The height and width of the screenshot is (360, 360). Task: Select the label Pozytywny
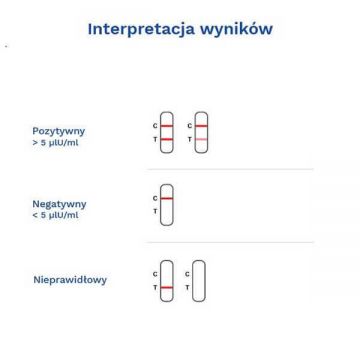pyautogui.click(x=59, y=130)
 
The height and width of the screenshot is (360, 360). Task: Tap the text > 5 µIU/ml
pyautogui.click(x=54, y=141)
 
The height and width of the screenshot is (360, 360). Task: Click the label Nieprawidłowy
pyautogui.click(x=70, y=280)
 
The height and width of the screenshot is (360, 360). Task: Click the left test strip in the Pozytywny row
pyautogui.click(x=166, y=131)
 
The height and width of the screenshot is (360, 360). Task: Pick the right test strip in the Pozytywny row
pyautogui.click(x=200, y=131)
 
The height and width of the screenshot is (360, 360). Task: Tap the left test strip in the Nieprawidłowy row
pyautogui.click(x=166, y=280)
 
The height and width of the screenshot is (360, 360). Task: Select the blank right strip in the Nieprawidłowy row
pyautogui.click(x=199, y=280)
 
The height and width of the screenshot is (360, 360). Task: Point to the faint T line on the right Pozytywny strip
pyautogui.click(x=200, y=139)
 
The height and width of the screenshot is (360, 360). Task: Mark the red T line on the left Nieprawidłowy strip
pyautogui.click(x=166, y=287)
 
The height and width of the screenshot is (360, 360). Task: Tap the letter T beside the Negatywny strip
pyautogui.click(x=154, y=211)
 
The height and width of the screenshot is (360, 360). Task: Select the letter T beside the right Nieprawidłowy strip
pyautogui.click(x=187, y=287)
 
